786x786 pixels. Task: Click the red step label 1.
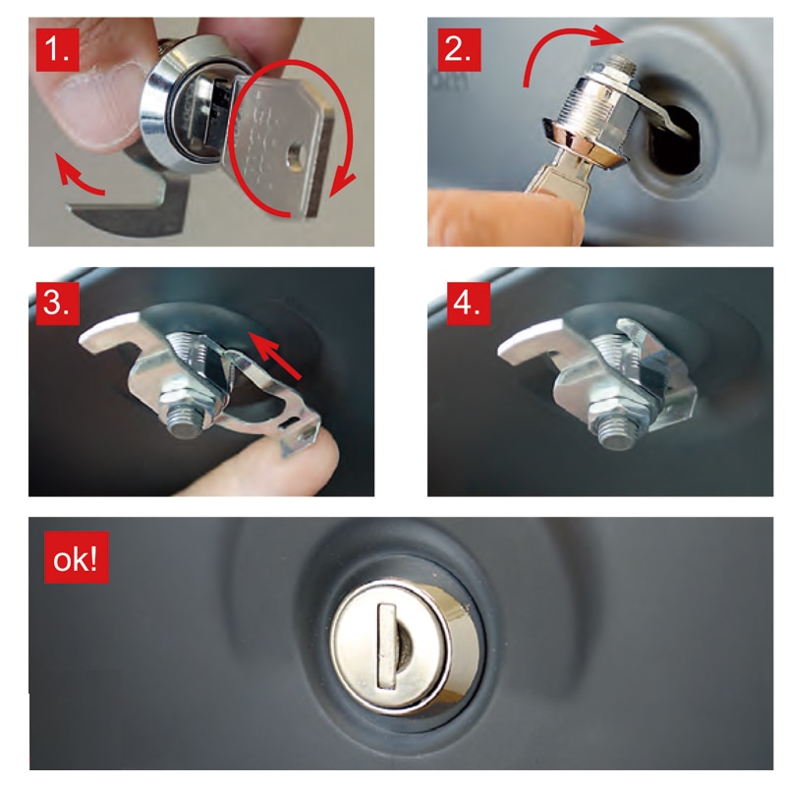[x=57, y=50]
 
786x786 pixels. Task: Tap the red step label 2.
[x=459, y=50]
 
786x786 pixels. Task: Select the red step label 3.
[x=57, y=304]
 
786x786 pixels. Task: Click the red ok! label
[x=77, y=557]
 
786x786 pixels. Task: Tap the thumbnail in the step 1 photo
[x=96, y=104]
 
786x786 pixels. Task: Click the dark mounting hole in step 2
[x=674, y=140]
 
